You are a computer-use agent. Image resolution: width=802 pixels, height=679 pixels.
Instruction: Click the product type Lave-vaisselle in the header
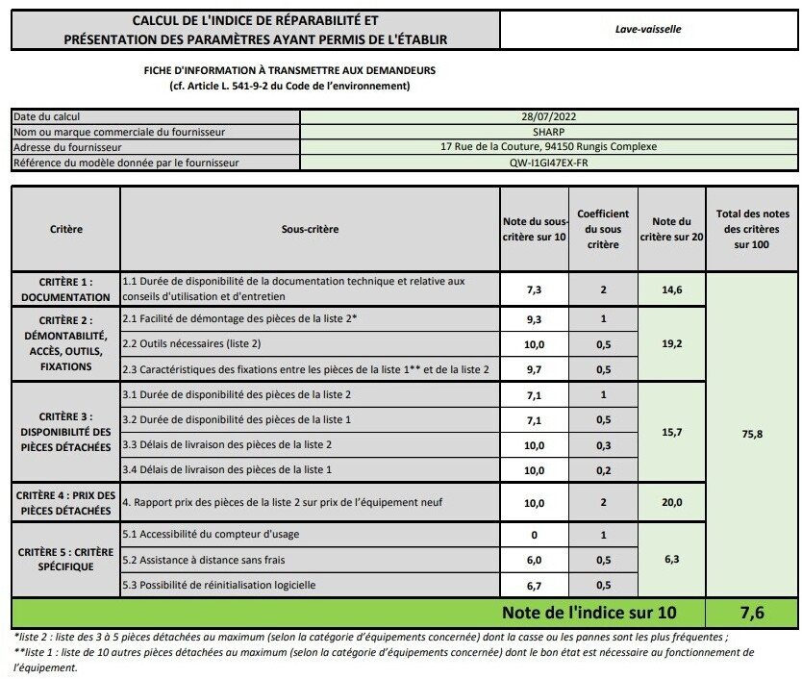[x=648, y=30]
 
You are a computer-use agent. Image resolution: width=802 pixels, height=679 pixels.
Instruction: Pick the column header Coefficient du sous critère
[x=603, y=230]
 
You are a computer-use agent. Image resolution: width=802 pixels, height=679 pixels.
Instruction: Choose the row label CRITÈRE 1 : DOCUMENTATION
[x=66, y=289]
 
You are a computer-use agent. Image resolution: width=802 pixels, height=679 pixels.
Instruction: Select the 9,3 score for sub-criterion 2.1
[x=535, y=319]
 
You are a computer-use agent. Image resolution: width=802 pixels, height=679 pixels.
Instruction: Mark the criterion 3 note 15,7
[x=672, y=433]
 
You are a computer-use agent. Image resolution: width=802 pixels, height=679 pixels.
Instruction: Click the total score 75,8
[x=753, y=435]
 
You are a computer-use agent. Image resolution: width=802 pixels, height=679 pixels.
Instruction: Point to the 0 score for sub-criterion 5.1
[x=535, y=535]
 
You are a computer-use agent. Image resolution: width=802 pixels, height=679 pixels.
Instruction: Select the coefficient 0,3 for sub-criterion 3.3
[x=603, y=445]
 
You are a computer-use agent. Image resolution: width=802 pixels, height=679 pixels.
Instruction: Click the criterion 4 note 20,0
[x=672, y=502]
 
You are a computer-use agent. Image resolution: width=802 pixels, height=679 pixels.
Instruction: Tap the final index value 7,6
[x=753, y=613]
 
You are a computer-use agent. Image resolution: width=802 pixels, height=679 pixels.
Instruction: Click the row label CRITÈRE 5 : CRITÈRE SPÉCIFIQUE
[x=66, y=560]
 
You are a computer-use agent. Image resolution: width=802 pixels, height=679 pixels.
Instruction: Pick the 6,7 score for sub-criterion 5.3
[x=535, y=585]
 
